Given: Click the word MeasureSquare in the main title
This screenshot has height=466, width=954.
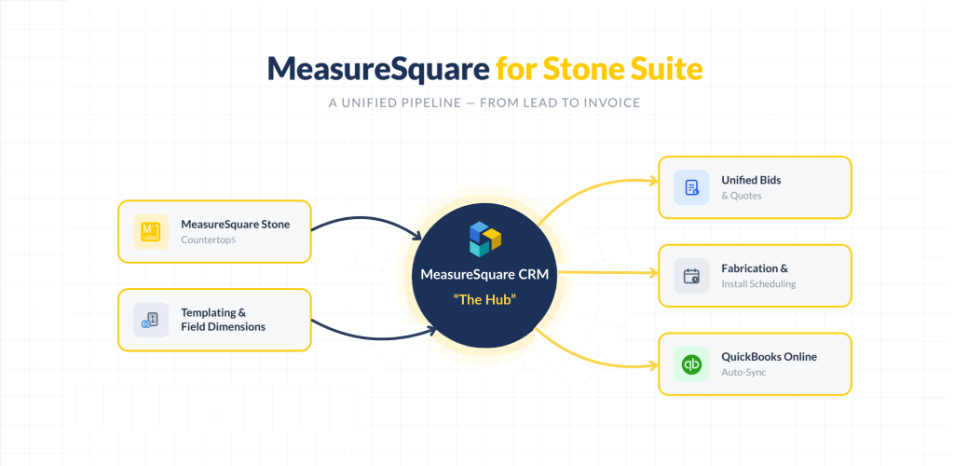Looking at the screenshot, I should [x=376, y=69].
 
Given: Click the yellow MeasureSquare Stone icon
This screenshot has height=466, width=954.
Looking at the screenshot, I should [x=150, y=231].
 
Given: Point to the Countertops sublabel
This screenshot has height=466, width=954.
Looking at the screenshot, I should [x=209, y=240].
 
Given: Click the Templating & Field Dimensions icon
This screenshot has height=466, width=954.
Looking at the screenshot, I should [x=150, y=320].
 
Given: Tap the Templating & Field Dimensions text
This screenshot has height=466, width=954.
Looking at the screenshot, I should [x=223, y=320].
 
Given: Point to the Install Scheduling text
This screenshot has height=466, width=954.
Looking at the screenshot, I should [x=758, y=283].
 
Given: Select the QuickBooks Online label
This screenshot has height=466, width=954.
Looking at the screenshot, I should [x=769, y=357].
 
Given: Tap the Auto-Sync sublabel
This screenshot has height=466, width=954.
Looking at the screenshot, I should [x=743, y=372].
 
